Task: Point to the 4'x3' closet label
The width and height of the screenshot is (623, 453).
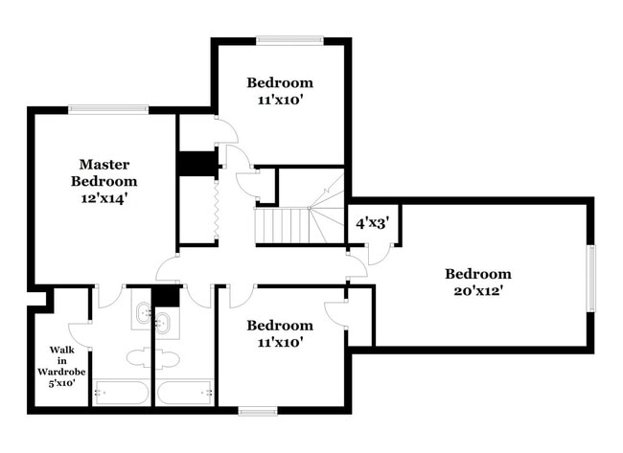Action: [x=372, y=225]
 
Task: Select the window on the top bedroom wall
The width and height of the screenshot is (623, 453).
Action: [x=289, y=40]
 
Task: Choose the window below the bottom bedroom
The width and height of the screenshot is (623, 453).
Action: [x=258, y=412]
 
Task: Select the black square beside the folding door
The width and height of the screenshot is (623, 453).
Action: [x=195, y=163]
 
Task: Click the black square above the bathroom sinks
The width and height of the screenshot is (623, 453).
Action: [x=166, y=295]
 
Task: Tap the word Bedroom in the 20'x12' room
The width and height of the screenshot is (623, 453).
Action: [x=477, y=273]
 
